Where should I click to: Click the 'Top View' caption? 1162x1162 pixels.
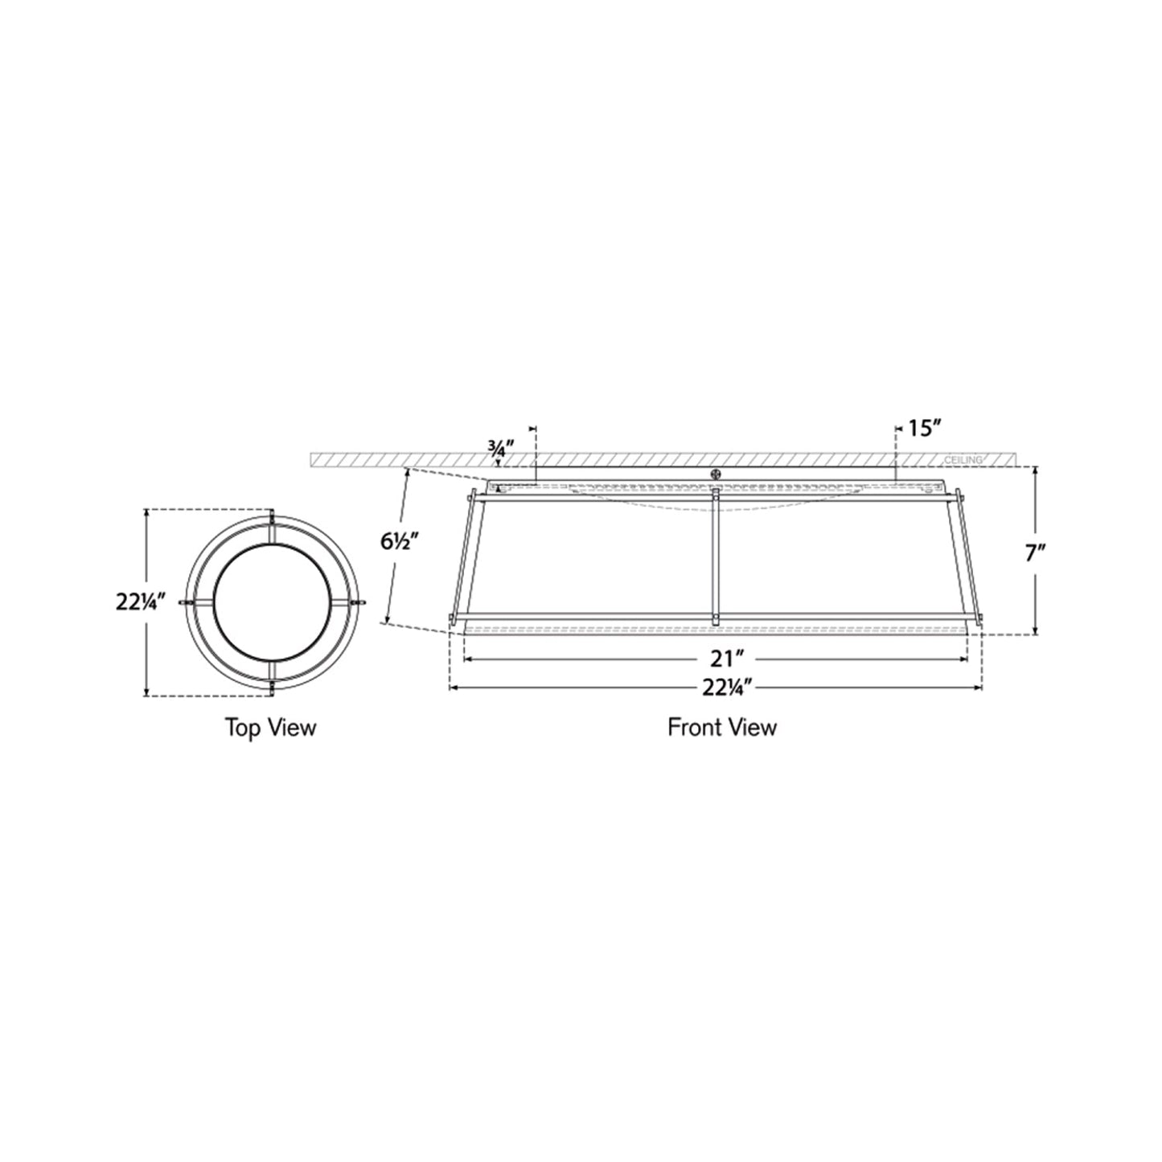point(270,728)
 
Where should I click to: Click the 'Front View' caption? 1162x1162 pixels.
point(721,728)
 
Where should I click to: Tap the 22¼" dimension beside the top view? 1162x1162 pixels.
point(142,602)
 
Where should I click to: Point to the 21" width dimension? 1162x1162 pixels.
point(721,659)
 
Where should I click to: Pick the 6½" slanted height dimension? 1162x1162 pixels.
point(400,541)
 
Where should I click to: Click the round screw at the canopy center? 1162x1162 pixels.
point(715,474)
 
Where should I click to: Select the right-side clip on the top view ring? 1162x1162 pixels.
point(358,602)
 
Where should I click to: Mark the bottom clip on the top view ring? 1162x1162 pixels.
point(273,685)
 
